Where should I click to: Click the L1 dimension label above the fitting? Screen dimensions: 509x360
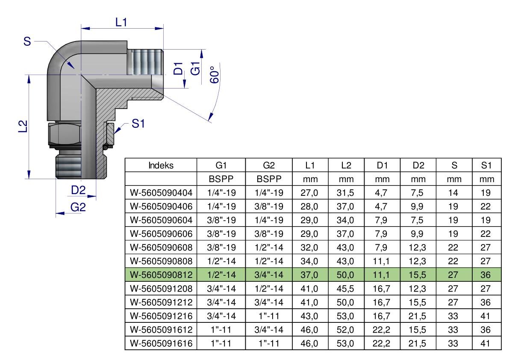(x=121, y=22)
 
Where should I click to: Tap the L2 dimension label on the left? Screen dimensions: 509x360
(x=23, y=126)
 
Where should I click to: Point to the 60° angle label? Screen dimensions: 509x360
(x=214, y=75)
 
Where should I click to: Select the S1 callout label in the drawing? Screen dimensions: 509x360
(x=138, y=124)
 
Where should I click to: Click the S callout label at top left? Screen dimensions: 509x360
(x=27, y=41)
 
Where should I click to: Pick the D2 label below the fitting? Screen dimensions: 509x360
(x=78, y=190)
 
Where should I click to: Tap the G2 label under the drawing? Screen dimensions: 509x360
(x=78, y=207)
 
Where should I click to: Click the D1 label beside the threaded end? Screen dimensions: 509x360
(x=178, y=68)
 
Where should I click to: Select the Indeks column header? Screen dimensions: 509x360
(x=161, y=165)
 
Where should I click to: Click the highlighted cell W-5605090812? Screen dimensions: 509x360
(x=161, y=275)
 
